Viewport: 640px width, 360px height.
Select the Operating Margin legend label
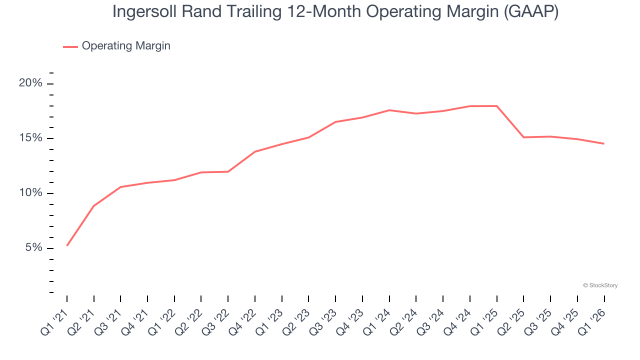pos(126,46)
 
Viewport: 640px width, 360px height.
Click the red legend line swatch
pos(70,46)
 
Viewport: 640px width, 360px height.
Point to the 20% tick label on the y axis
pos(30,83)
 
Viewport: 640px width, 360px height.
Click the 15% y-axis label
pos(30,138)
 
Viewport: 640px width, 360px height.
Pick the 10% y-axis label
pos(30,193)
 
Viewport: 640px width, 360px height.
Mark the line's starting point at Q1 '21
pos(67,245)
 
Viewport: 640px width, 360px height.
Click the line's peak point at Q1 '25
pos(496,106)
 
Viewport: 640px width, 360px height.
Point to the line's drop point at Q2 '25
pos(523,137)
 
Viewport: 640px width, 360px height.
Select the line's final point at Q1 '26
pos(604,143)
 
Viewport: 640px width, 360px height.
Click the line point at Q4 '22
pos(255,151)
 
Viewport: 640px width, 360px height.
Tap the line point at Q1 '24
pos(389,110)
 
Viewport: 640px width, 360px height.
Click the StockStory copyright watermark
pos(600,285)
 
